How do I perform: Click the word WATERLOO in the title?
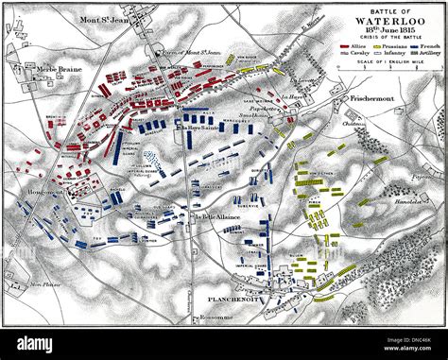(x=385, y=25)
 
